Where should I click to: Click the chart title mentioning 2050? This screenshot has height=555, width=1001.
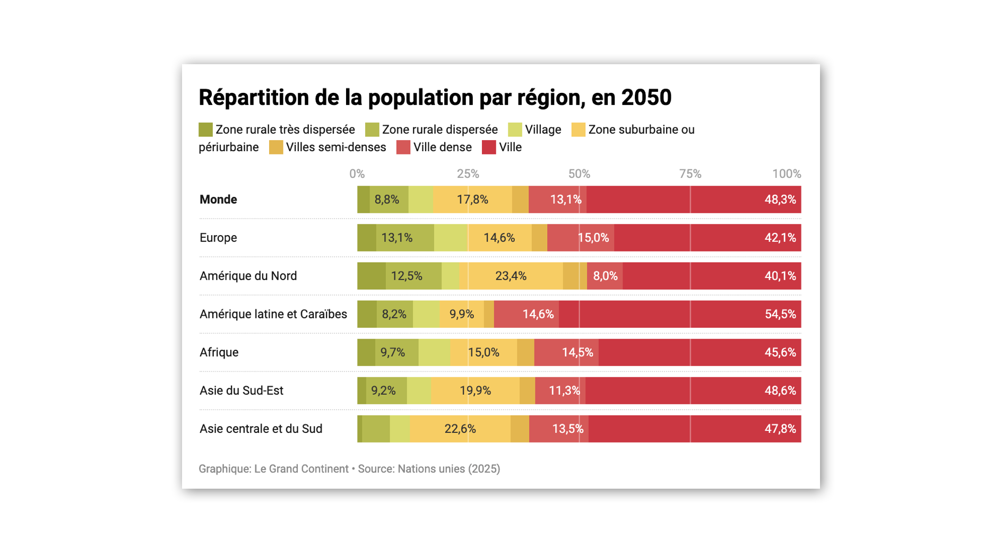435,98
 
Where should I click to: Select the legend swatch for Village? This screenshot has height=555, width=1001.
515,129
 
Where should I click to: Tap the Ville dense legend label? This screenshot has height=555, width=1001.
442,148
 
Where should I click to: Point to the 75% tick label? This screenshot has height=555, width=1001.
690,174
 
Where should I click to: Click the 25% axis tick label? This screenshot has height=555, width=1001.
468,174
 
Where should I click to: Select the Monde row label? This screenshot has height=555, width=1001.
218,200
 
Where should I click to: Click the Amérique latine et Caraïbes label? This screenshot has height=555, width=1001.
273,314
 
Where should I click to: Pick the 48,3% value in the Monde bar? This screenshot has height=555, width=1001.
780,200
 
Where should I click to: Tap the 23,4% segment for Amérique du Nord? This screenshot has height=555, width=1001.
511,276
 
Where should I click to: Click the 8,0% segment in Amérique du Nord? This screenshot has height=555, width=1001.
605,276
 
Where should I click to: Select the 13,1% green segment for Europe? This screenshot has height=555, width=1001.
397,238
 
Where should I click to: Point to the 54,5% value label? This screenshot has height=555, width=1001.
780,314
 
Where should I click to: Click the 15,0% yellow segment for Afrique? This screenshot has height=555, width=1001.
484,352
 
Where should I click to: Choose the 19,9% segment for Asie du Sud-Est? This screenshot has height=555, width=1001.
475,391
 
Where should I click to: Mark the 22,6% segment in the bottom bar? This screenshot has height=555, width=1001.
460,429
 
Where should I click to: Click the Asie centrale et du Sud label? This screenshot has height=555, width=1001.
261,429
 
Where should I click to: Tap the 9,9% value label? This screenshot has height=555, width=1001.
461,314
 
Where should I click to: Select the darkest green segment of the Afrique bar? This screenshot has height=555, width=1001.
366,352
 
